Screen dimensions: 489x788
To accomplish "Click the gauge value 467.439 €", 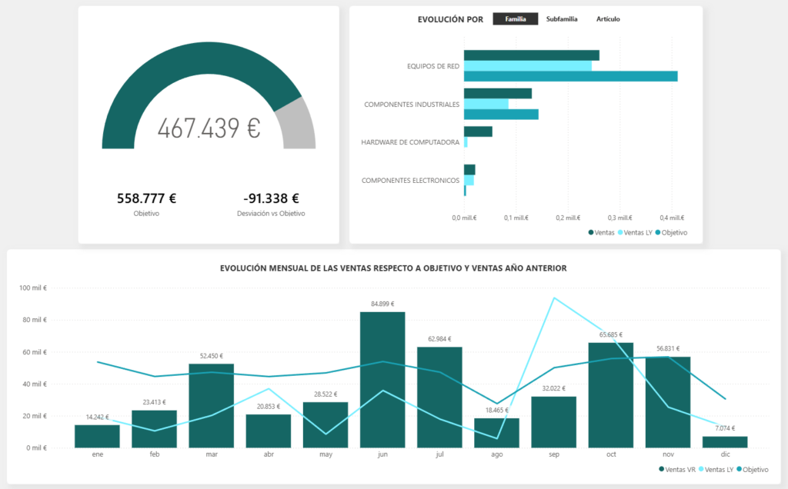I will pos(209,128).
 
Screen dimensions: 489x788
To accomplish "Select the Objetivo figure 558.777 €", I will pos(146,198).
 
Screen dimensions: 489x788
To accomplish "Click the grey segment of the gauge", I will pos(299,123).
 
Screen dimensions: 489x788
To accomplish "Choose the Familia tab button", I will pos(516,19).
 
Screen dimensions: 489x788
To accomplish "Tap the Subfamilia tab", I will pos(561,19).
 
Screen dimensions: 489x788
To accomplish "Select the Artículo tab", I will pos(608,19).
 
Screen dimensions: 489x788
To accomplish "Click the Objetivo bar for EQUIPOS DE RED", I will pos(570,76).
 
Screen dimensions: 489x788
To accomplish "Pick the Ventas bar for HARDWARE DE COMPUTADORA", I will pos(478,131).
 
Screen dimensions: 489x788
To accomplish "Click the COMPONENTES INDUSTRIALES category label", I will pos(412,104).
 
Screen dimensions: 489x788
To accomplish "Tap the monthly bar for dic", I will pos(724,441).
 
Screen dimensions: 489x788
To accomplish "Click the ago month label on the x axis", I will pos(496,454).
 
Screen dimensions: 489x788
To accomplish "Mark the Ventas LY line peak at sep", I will pos(553,298).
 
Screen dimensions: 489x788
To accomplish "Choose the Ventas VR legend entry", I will pos(679,468).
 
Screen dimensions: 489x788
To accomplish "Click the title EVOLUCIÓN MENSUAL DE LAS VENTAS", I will pos(393,268).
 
